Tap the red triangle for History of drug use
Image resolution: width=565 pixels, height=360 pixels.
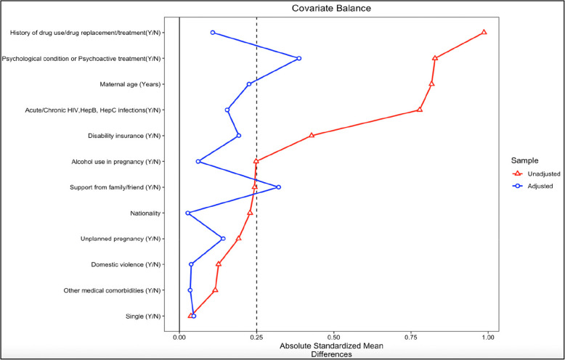pyautogui.click(x=484, y=32)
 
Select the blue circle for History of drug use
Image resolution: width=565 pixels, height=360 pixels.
pyautogui.click(x=213, y=33)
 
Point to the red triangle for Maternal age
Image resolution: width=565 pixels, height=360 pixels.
pyautogui.click(x=432, y=83)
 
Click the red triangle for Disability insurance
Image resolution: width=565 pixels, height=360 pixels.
pyautogui.click(x=312, y=135)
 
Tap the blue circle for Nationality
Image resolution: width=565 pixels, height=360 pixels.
pyautogui.click(x=188, y=213)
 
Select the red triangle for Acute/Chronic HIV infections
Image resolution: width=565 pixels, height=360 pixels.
pyautogui.click(x=420, y=110)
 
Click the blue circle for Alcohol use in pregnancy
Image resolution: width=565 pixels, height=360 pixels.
pyautogui.click(x=198, y=161)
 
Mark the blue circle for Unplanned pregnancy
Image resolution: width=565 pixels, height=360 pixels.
pyautogui.click(x=223, y=239)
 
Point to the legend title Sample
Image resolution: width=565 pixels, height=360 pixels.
pyautogui.click(x=524, y=160)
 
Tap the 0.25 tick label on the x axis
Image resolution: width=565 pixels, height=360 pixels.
pyautogui.click(x=256, y=337)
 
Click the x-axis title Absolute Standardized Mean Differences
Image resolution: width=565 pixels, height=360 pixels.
pyautogui.click(x=332, y=350)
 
